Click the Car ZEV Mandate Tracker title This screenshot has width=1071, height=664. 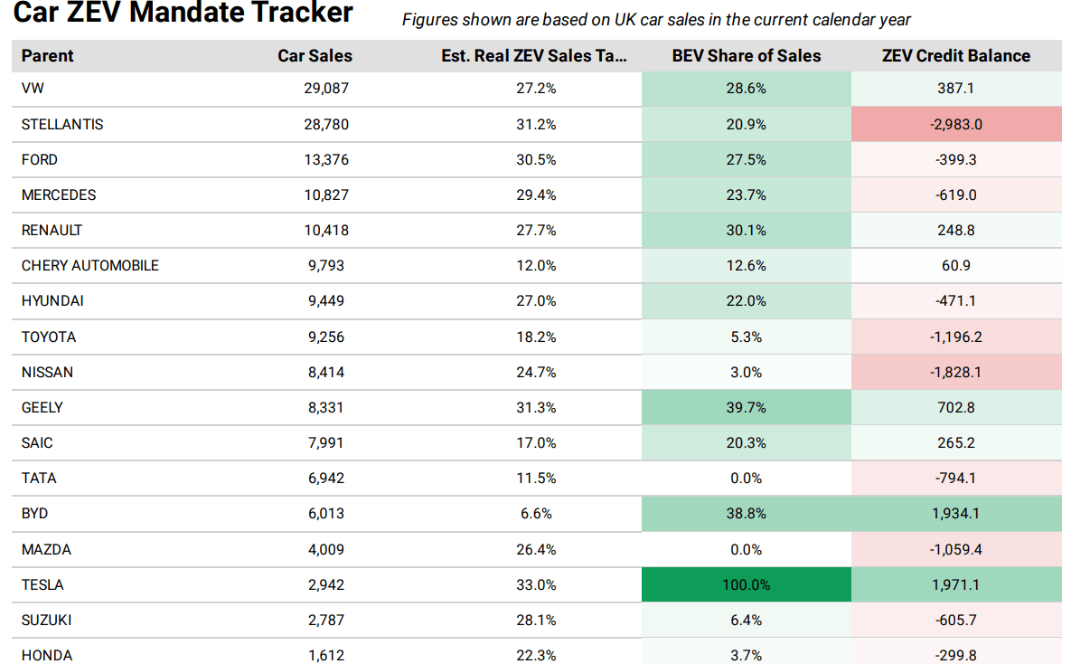click(x=183, y=14)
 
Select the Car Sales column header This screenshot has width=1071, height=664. click(x=315, y=55)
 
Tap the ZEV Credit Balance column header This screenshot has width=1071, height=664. click(x=955, y=55)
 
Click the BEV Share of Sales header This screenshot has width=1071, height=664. click(x=746, y=55)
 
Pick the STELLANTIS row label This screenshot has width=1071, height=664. click(x=62, y=124)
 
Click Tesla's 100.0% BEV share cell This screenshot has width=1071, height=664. click(x=746, y=584)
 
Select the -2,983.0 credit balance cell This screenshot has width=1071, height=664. click(x=955, y=124)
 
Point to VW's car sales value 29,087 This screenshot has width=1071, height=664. click(x=326, y=89)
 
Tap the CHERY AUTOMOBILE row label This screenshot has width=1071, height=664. click(x=90, y=265)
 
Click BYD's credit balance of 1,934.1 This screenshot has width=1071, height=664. click(x=955, y=513)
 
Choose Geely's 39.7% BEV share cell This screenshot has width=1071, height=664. click(x=746, y=407)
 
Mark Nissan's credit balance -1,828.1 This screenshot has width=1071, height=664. click(x=955, y=372)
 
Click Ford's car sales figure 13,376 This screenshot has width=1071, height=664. click(x=326, y=159)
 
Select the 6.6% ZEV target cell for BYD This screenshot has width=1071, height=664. click(x=536, y=513)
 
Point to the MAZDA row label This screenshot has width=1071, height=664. click(x=46, y=549)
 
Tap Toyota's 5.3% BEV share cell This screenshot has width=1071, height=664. click(x=746, y=337)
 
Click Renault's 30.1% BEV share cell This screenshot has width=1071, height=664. click(x=746, y=230)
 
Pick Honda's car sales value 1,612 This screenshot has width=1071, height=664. click(x=326, y=655)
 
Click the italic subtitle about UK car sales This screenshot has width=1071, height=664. click(x=656, y=19)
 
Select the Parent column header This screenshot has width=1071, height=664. click(x=48, y=55)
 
